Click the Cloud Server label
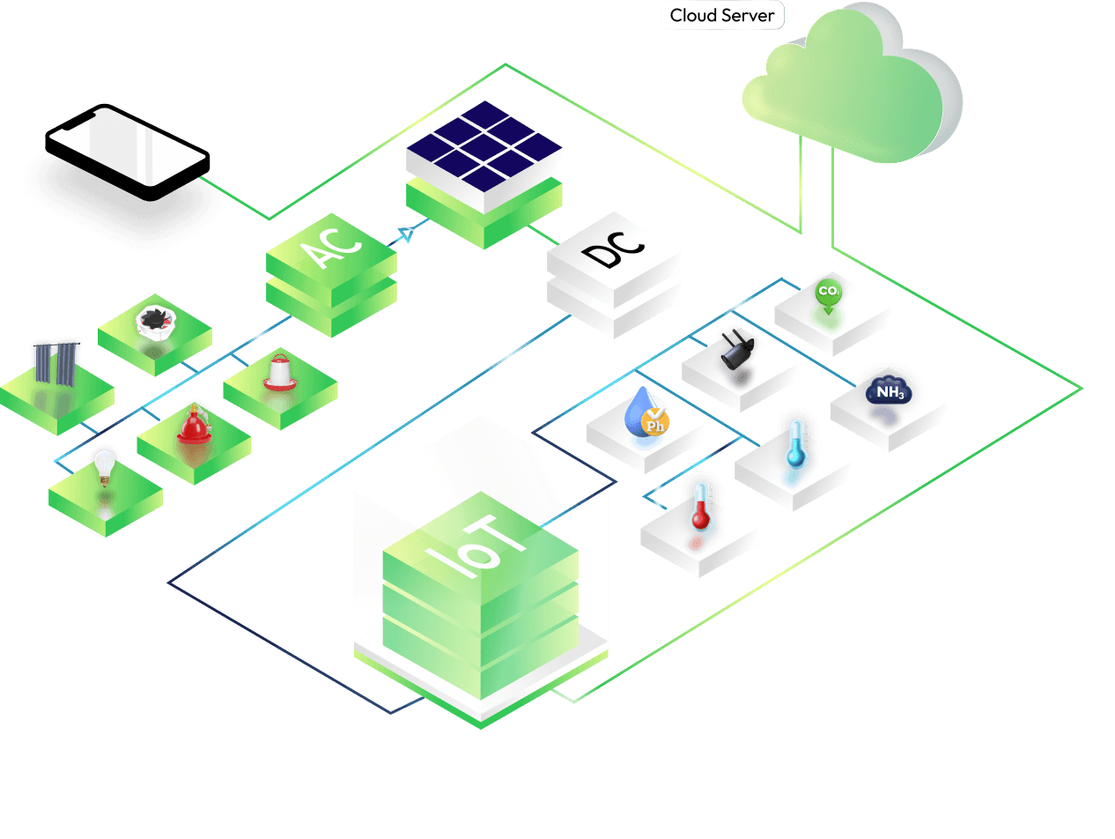722,15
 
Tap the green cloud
853,84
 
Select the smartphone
128,152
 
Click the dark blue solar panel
484,146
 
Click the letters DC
613,249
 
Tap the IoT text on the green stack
475,546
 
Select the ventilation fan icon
155,323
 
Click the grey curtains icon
55,363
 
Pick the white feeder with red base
280,372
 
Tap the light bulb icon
104,467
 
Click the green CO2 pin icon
829,296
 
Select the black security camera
737,350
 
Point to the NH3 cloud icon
889,390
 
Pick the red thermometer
701,507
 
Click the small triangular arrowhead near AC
406,234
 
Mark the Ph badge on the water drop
655,422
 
